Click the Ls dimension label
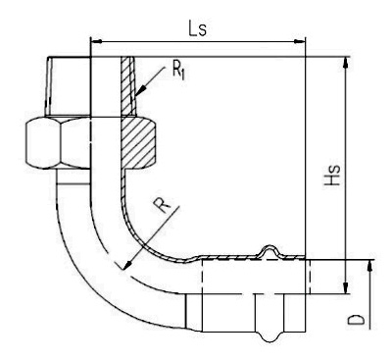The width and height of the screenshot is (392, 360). (x=197, y=28)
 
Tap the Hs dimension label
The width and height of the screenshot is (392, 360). (x=332, y=176)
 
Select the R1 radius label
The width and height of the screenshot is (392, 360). (x=178, y=70)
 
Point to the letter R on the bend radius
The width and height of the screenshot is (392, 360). (x=162, y=206)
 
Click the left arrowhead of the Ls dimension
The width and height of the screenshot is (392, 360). (x=96, y=41)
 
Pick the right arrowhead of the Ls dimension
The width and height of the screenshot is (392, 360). (x=300, y=41)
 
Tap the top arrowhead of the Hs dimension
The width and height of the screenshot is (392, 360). (x=345, y=63)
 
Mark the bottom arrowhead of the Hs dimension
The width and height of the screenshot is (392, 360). (x=345, y=287)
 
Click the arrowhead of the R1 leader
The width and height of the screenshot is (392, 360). (x=140, y=91)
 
